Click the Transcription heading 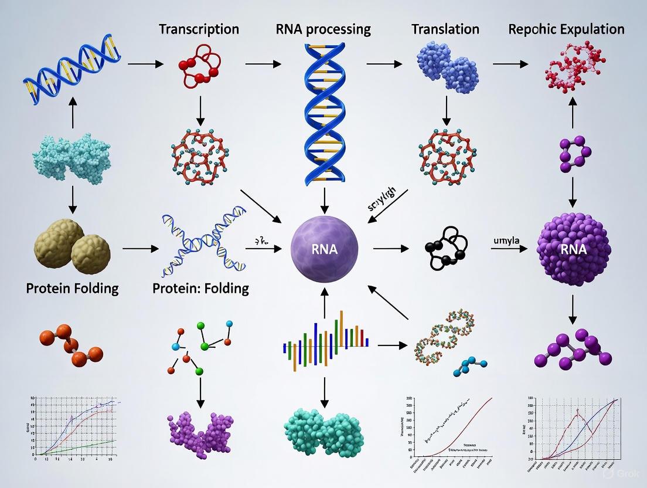point(199,29)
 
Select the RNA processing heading point(324,29)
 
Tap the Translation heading point(445,29)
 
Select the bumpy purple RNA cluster point(573,249)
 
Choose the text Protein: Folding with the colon point(200,289)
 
